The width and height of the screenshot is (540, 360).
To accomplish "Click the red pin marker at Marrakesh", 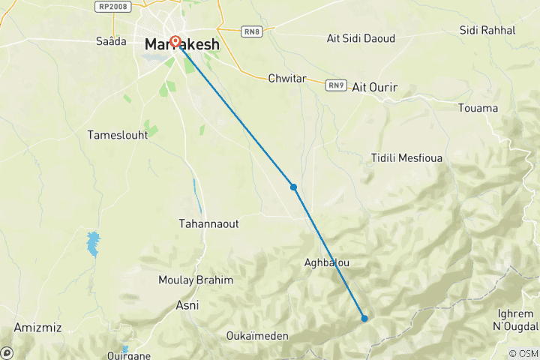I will [175, 42].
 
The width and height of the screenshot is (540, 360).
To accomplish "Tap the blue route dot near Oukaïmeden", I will [364, 318].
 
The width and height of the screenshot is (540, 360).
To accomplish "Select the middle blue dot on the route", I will [293, 187].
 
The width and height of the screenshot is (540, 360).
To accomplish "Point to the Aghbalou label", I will [327, 263].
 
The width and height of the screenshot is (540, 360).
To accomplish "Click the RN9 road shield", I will [335, 85].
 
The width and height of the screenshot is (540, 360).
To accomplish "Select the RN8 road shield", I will [251, 31].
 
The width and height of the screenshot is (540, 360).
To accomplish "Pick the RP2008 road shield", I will [112, 6].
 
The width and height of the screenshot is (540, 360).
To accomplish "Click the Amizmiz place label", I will [37, 328].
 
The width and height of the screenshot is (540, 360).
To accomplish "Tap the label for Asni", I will [187, 305].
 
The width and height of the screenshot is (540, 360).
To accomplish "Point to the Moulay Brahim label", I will [196, 280].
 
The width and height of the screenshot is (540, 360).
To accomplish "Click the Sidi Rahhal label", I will [487, 30].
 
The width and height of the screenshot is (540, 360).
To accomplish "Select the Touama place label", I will [478, 108].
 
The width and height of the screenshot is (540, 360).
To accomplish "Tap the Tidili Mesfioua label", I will [407, 158].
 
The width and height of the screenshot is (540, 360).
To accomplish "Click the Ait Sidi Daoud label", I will [361, 37].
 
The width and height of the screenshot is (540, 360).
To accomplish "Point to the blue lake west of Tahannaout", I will [93, 244].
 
